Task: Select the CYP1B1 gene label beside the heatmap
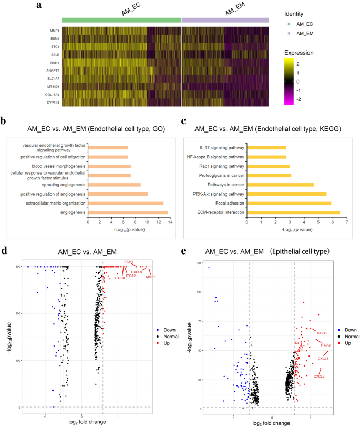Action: coord(51,103)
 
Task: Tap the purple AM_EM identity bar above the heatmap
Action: coord(225,20)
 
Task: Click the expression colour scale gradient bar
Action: coord(288,82)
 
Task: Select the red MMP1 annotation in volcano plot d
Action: coord(151,276)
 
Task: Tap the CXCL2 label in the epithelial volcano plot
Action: coord(319,377)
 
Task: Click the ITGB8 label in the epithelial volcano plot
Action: coord(322,333)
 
